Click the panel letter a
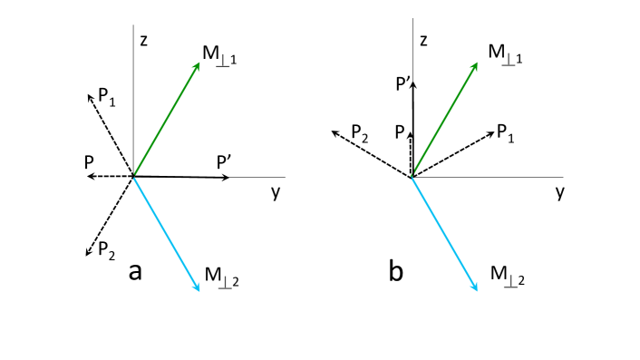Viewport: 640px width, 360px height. coord(137,269)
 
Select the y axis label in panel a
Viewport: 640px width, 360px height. coord(275,193)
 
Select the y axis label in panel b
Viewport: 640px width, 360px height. coord(560,193)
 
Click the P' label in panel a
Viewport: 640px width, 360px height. coord(225,161)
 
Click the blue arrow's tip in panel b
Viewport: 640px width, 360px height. coord(477,289)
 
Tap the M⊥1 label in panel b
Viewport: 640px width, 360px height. coord(506,53)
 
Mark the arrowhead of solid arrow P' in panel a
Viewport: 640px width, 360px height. coord(228,178)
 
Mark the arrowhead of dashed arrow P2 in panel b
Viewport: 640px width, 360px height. coord(333,132)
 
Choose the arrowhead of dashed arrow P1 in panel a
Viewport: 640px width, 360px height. coord(87,92)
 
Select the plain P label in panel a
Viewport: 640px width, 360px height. coord(88,161)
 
